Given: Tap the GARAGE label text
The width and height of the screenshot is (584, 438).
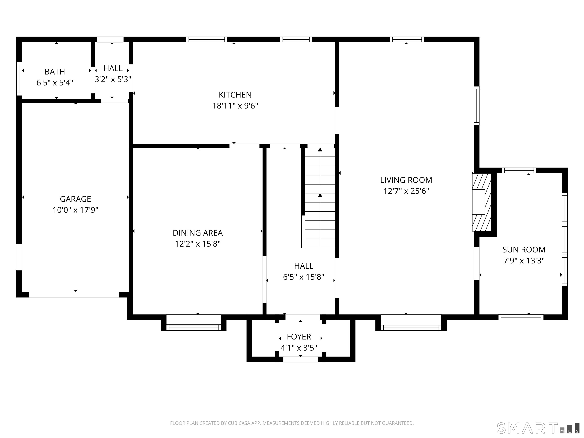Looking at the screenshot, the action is coord(75,199).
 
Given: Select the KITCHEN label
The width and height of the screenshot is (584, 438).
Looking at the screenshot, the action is coord(235,94).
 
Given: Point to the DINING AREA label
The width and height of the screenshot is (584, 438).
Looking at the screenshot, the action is coord(198,233).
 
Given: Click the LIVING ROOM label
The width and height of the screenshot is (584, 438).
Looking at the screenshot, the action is coord(406,180).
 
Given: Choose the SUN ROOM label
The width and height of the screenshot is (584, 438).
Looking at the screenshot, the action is coord(524,249).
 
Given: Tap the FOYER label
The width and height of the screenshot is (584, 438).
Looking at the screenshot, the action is coord(299,337).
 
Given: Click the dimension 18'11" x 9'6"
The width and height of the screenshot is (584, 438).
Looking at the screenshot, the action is coord(235,106).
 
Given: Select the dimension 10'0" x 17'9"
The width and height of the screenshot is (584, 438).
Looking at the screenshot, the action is coord(75,210).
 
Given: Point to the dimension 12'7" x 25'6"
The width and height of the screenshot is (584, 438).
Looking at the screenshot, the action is coord(406,191).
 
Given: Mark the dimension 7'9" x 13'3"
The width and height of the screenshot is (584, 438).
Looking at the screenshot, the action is coord(524,261).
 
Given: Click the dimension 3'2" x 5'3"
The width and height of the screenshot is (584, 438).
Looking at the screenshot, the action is coord(113,79).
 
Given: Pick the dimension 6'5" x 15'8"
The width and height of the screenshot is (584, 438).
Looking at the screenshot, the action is coord(304,277).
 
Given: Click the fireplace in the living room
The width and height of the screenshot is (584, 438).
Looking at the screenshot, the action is coord(482,202).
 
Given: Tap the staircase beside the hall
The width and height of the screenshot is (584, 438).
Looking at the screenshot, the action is coord(320,198).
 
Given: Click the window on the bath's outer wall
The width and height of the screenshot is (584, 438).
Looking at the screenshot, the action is coord(19,79).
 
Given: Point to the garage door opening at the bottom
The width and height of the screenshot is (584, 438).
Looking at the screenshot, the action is coord(74,294).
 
